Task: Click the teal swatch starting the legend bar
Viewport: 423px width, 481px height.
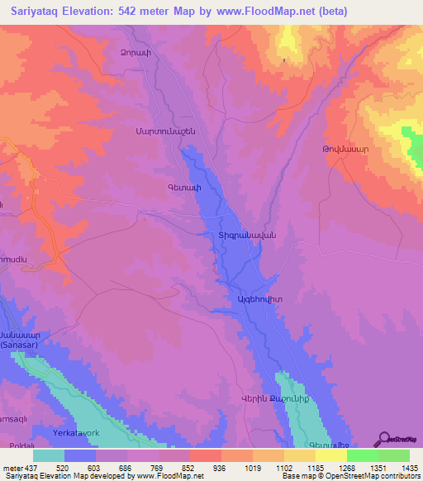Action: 49,455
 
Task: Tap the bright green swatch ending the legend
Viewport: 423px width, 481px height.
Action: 393,455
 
